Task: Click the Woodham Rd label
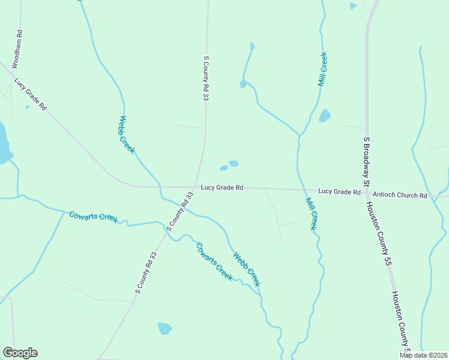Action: click(x=19, y=49)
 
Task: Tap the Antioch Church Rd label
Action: click(x=400, y=196)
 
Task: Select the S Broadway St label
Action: click(x=365, y=161)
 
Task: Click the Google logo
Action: click(x=20, y=353)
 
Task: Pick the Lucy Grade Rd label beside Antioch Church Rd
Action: click(x=339, y=191)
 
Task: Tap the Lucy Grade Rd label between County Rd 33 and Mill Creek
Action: click(x=221, y=187)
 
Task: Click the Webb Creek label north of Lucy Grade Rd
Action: click(x=127, y=134)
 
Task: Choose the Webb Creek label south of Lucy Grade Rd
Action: click(x=247, y=268)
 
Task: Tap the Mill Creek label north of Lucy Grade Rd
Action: click(x=322, y=70)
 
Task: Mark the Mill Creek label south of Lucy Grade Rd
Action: click(x=311, y=214)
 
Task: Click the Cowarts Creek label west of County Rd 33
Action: click(x=93, y=217)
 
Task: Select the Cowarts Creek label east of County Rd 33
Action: click(x=214, y=261)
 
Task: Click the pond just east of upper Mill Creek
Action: click(x=325, y=116)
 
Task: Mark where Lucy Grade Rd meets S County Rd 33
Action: click(x=194, y=187)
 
